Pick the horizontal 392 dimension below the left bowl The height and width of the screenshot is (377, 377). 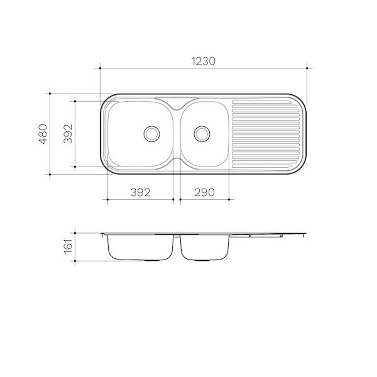coord(140,192)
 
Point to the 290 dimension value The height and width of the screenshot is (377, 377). coord(204,192)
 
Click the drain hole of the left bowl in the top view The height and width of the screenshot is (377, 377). coord(151,133)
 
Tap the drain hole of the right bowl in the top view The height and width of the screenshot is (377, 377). coord(201,133)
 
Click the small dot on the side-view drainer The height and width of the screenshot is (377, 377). coord(250,237)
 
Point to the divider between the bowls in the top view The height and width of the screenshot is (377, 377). coord(177,133)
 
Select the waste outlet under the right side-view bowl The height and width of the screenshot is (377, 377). coord(200,260)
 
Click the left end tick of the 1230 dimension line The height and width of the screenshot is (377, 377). coord(101,68)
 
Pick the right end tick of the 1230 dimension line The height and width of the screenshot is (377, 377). coord(307,68)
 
